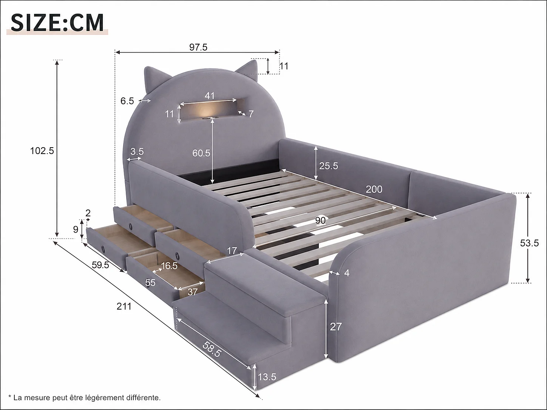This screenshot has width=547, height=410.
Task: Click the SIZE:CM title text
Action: click(57, 23)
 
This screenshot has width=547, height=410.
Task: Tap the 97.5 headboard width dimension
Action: click(198, 47)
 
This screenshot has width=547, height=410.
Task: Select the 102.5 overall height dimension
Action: click(42, 151)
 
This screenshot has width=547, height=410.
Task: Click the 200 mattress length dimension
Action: click(374, 190)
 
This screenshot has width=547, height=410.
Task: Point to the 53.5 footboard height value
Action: click(529, 243)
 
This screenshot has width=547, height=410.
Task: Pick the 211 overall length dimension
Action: click(124, 306)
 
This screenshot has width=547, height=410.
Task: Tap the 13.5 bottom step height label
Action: click(267, 377)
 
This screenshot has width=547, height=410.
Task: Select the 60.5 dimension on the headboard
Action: click(201, 153)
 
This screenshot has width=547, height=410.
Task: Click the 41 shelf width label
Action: click(210, 96)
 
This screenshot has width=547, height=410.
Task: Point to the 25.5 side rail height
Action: click(329, 166)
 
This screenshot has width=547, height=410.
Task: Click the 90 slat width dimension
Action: click(320, 220)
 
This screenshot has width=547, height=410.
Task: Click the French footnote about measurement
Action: click(85, 398)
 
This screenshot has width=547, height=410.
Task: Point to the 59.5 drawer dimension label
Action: click(100, 265)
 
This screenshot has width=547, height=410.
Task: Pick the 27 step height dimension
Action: click(336, 327)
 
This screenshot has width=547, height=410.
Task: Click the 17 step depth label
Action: click(232, 250)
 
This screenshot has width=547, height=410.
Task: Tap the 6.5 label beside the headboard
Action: click(127, 101)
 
